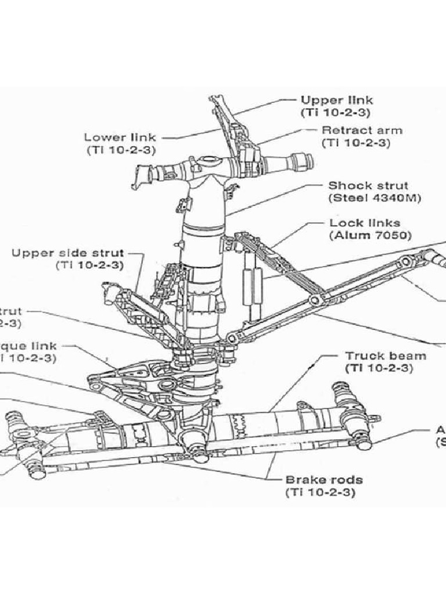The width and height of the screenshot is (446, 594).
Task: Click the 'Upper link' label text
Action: pyautogui.click(x=336, y=100)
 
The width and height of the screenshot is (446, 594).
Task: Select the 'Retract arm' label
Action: pyautogui.click(x=361, y=131)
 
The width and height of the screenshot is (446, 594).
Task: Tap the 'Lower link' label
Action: pyautogui.click(x=120, y=137)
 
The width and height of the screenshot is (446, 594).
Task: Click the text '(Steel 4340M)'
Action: pyautogui.click(x=375, y=198)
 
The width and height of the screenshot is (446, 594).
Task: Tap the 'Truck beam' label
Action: pyautogui.click(x=386, y=356)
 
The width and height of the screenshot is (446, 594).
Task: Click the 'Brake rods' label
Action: pyautogui.click(x=324, y=480)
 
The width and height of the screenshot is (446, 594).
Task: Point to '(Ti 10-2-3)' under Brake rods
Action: pyautogui.click(x=321, y=492)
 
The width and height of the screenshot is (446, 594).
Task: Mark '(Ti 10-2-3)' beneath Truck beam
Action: pyautogui.click(x=379, y=368)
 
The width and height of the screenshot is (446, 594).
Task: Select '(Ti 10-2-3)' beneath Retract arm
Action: pyautogui.click(x=356, y=143)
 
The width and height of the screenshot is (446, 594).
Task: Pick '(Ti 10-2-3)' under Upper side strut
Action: pyautogui.click(x=89, y=265)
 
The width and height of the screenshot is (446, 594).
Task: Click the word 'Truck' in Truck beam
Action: pyautogui.click(x=365, y=356)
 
